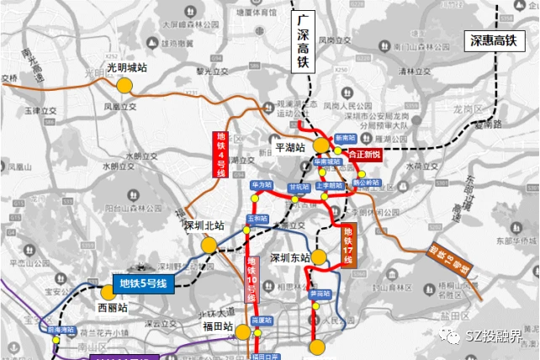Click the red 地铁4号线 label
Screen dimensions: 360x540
coord(220,153)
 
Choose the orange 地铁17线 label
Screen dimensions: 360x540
coord(349,246)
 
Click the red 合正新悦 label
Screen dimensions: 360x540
coord(365,154)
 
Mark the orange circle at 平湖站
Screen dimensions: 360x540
coord(322,146)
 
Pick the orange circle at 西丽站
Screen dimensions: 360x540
coord(108,293)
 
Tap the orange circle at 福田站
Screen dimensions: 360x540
coord(242,332)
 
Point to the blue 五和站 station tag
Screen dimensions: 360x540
coord(257,219)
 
